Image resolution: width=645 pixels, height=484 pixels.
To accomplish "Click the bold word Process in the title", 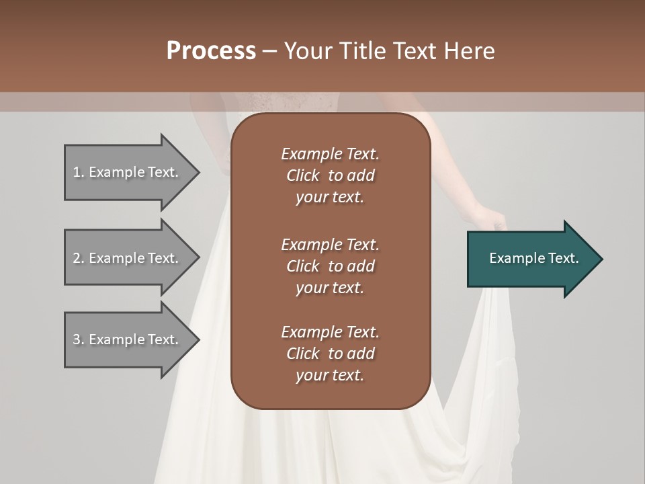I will [x=211, y=51].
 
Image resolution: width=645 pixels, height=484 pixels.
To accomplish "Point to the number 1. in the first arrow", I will [x=79, y=173].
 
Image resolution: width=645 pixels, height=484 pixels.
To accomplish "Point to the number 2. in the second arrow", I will [x=79, y=258].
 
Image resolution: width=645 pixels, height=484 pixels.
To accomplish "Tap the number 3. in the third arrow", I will [x=79, y=339].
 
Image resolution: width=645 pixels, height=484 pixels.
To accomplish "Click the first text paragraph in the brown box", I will [x=330, y=175].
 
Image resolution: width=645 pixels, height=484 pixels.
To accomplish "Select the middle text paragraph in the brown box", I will [x=330, y=266].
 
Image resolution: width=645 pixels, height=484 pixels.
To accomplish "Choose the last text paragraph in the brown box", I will [x=330, y=354].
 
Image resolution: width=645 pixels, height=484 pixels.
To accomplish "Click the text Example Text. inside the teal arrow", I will [x=534, y=258].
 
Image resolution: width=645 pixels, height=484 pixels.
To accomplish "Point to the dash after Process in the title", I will [x=269, y=51].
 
